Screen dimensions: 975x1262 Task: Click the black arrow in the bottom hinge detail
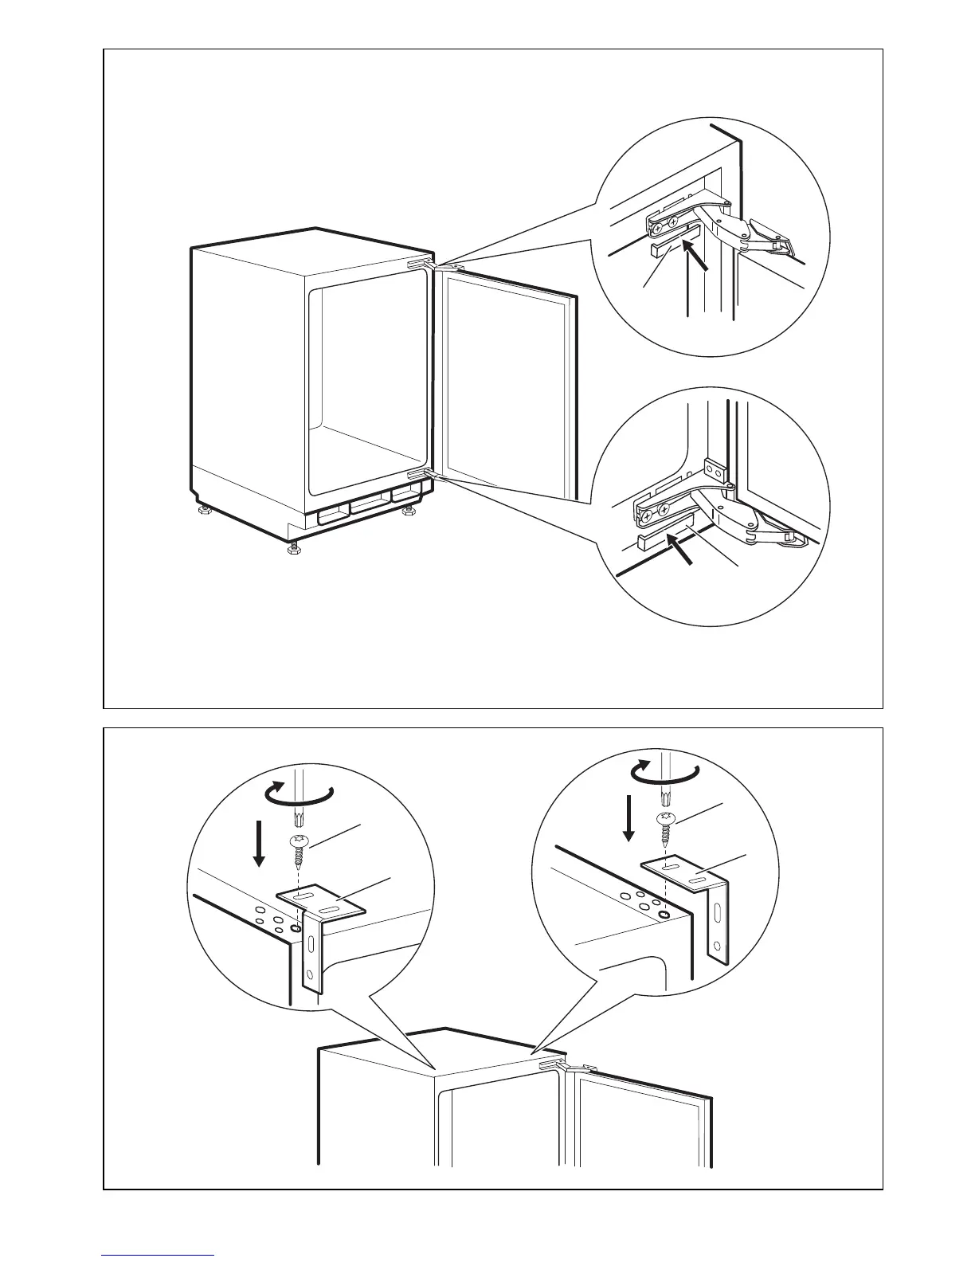(681, 551)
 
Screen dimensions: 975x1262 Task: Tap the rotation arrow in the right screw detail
(664, 771)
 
